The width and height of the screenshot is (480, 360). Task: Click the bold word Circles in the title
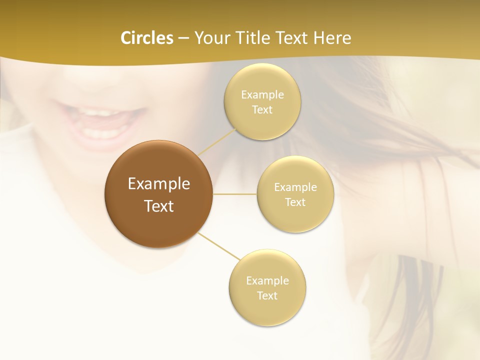(146, 38)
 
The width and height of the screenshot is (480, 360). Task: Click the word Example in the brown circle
(159, 184)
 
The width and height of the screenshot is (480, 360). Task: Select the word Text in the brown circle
(159, 206)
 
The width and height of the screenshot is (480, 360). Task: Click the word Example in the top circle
(262, 95)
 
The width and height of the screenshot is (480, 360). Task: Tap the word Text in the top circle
(262, 110)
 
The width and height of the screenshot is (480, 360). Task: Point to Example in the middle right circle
(295, 187)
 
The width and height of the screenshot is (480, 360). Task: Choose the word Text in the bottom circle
(267, 296)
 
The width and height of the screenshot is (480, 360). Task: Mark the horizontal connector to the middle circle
(234, 194)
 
